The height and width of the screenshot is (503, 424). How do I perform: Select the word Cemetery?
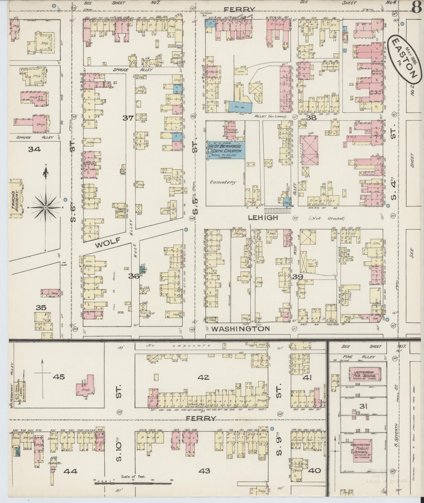coord(223,182)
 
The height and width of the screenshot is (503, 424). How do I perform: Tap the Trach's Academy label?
coord(15,198)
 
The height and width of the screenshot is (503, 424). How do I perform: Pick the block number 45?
coord(58,377)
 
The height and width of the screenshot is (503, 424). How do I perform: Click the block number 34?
coord(34,149)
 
